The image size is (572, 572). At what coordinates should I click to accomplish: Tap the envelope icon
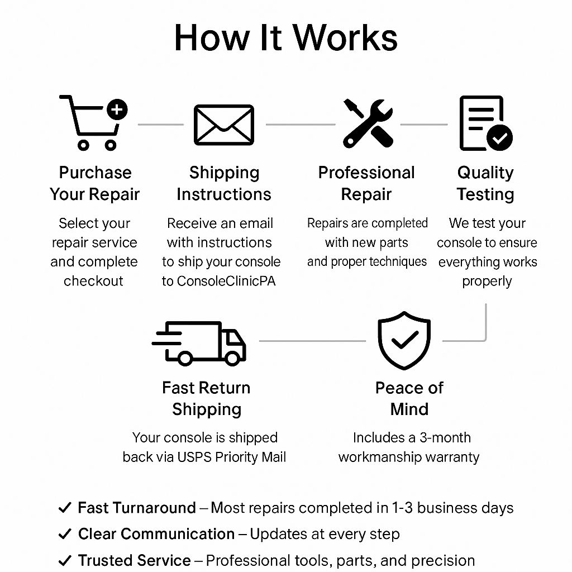[223, 125]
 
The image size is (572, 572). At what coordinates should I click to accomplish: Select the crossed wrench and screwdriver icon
[368, 123]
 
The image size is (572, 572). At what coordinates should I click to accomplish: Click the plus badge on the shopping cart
[117, 109]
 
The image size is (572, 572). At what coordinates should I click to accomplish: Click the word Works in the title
[345, 38]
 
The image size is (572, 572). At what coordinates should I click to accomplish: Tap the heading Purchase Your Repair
[95, 183]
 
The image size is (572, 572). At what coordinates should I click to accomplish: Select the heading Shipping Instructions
[224, 183]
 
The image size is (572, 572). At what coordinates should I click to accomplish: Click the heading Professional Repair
[366, 183]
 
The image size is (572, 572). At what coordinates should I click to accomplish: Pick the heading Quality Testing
[485, 183]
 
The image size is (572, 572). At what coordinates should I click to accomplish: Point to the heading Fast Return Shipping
[206, 398]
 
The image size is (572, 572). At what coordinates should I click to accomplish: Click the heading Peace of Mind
[409, 398]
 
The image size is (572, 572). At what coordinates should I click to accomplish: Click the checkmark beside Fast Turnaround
[65, 508]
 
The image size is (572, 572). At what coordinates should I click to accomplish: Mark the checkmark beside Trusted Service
[65, 560]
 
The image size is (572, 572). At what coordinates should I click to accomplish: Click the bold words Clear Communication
[156, 534]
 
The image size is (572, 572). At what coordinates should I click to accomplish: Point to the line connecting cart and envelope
[160, 125]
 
